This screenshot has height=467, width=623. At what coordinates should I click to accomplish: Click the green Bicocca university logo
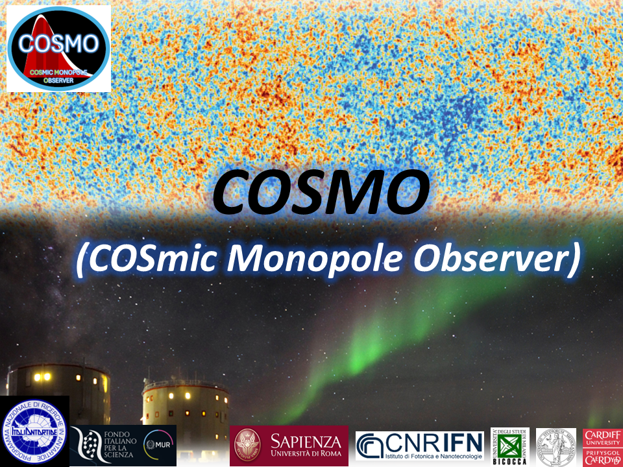(x=509, y=446)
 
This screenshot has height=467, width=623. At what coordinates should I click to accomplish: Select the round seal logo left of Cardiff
(x=556, y=446)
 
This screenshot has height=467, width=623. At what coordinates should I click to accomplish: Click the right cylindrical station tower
(x=185, y=402)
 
